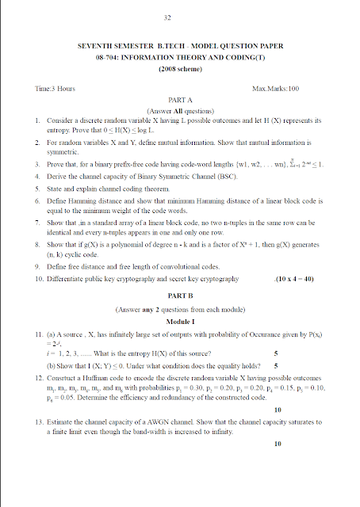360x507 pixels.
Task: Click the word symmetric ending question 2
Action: [62, 150]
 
